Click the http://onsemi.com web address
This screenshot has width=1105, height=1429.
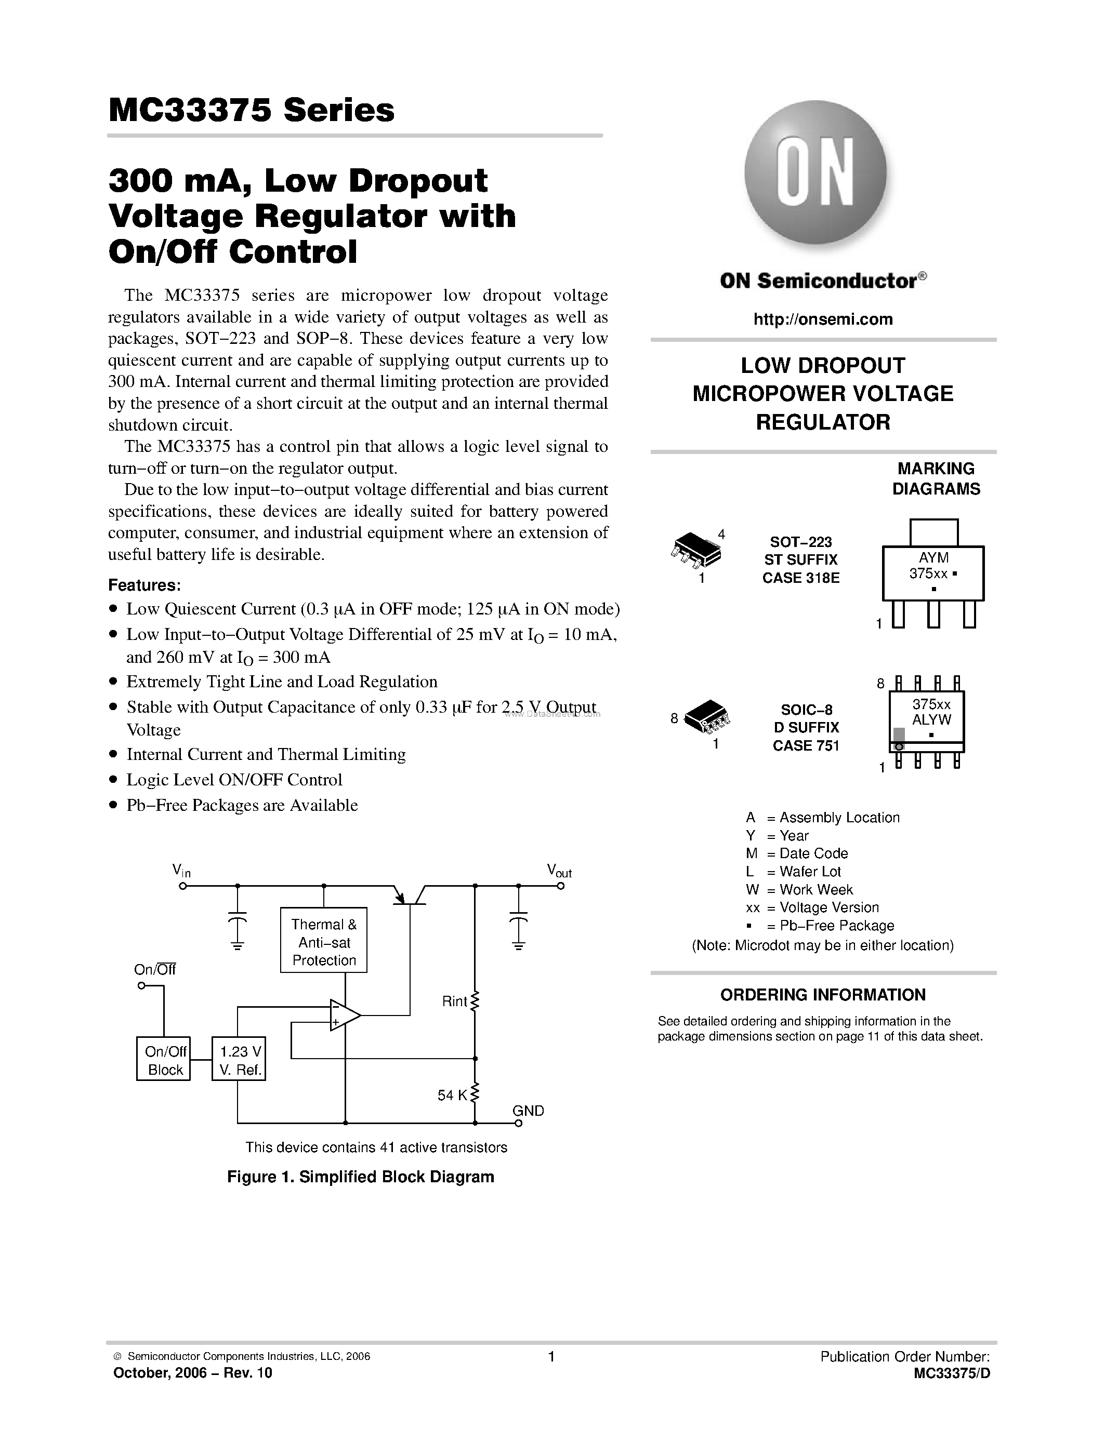[823, 319]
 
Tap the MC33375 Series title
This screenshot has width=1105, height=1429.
[252, 111]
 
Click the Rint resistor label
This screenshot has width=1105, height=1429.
[454, 1001]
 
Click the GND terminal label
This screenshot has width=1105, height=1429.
[528, 1111]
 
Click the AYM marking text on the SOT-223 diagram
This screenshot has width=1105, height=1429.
[933, 558]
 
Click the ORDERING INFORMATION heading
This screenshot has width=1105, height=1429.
[823, 995]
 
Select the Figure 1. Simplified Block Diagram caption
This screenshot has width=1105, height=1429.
[360, 1177]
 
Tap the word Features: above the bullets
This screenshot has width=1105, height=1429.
[144, 585]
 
